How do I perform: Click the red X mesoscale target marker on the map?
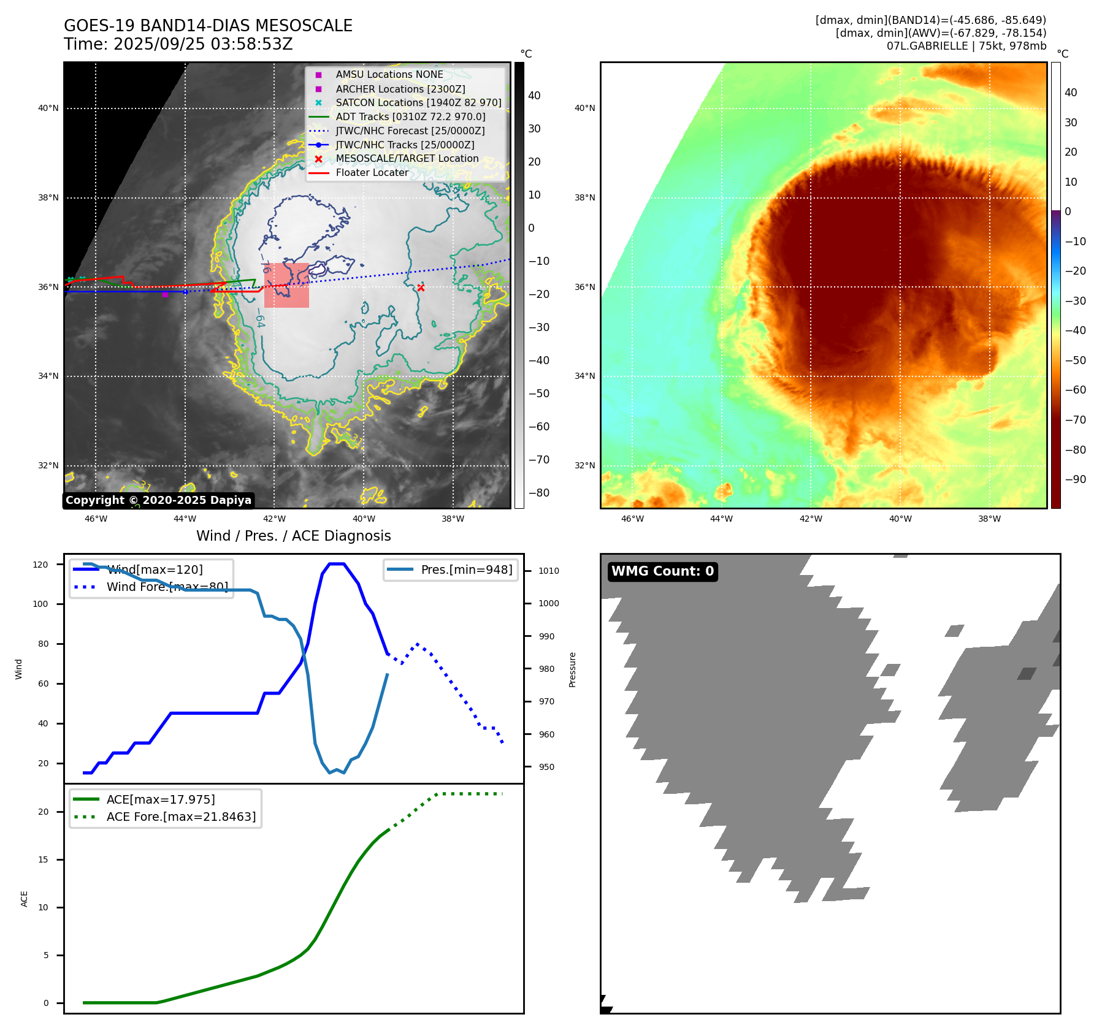point(421,288)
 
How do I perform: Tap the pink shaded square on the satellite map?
point(286,285)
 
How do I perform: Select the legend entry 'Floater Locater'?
point(372,173)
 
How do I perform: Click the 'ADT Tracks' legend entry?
point(410,116)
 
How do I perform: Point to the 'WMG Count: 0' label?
point(662,571)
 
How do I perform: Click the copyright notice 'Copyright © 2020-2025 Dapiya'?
point(158,500)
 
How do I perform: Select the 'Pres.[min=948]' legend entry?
point(466,569)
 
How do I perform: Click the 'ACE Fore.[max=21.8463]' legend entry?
point(181,817)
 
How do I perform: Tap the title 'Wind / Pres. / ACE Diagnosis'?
point(293,536)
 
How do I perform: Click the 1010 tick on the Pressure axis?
point(549,571)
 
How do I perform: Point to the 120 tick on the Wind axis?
point(40,565)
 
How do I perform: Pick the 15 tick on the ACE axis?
point(43,859)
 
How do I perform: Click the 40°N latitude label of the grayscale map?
point(48,109)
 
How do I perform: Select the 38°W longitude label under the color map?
point(989,519)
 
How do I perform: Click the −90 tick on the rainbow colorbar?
point(1076,479)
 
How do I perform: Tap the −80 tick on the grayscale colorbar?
point(539,493)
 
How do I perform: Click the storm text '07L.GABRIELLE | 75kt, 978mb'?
point(966,46)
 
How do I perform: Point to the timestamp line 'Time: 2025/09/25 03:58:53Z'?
point(178,44)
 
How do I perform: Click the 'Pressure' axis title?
point(572,669)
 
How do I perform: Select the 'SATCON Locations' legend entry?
point(418,102)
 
